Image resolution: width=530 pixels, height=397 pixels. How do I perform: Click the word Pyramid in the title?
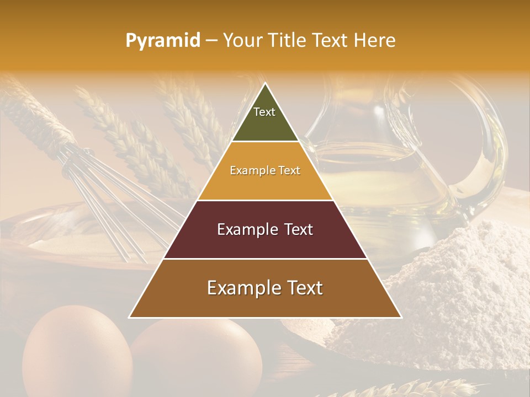tap(162, 41)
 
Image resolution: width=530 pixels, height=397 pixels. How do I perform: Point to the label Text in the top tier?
tap(264, 112)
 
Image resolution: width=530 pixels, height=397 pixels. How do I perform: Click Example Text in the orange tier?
tap(265, 170)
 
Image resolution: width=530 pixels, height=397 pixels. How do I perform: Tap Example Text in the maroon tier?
tap(265, 229)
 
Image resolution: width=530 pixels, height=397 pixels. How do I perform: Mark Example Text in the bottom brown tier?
tap(265, 288)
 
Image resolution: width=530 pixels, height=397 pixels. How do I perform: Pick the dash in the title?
tap(211, 41)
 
